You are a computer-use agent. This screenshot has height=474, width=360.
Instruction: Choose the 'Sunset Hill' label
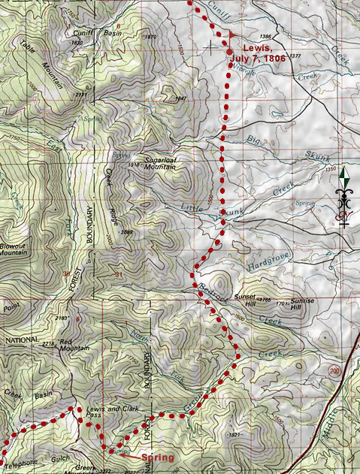point(246,300)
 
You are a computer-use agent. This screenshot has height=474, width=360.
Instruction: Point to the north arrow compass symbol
point(345,198)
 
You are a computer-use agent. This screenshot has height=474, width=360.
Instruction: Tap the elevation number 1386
point(264,37)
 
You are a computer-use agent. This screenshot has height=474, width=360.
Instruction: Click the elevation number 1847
point(180,98)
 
